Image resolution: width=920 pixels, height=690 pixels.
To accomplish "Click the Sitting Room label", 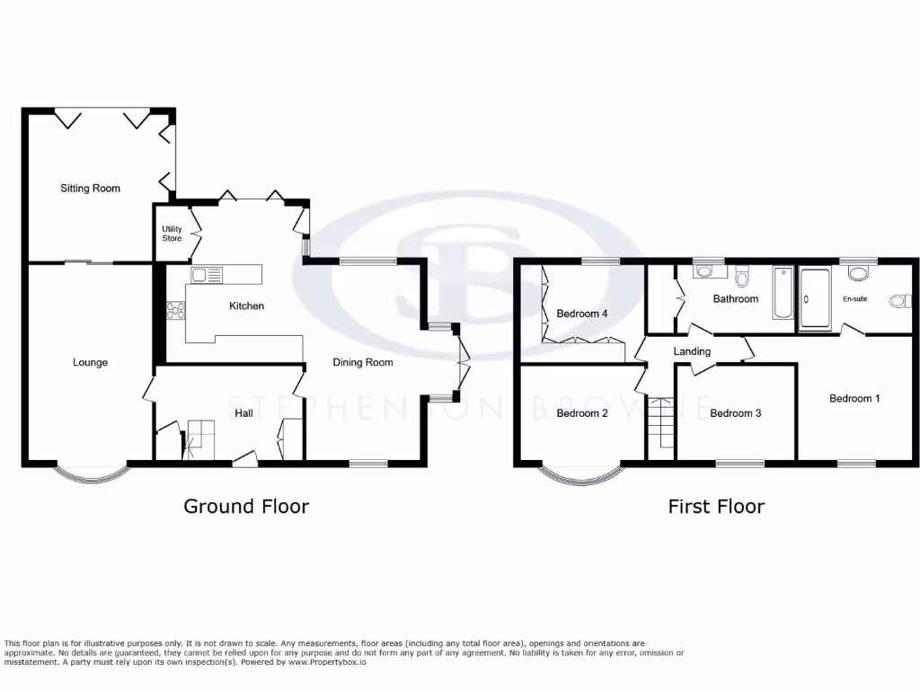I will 90,189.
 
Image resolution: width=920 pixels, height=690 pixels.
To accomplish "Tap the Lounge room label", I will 90,363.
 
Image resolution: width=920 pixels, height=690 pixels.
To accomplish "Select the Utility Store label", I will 172,234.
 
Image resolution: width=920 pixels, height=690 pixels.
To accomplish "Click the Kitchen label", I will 246,306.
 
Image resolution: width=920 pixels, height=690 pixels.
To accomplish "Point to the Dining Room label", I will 363,363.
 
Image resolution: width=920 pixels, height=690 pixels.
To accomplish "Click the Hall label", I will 243,413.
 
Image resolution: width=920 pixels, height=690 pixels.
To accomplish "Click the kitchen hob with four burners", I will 175,311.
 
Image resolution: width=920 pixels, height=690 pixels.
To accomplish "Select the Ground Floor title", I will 246,507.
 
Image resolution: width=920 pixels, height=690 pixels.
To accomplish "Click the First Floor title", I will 716,507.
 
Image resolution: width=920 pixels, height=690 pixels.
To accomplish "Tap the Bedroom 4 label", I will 582,314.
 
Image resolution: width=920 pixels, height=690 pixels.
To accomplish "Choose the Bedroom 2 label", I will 582,413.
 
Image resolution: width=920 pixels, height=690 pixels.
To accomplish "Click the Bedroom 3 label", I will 735,413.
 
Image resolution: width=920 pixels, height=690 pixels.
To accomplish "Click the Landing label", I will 692,351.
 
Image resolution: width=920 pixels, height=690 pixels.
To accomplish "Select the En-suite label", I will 854,298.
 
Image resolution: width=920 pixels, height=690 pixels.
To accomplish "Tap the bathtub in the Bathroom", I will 783,293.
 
